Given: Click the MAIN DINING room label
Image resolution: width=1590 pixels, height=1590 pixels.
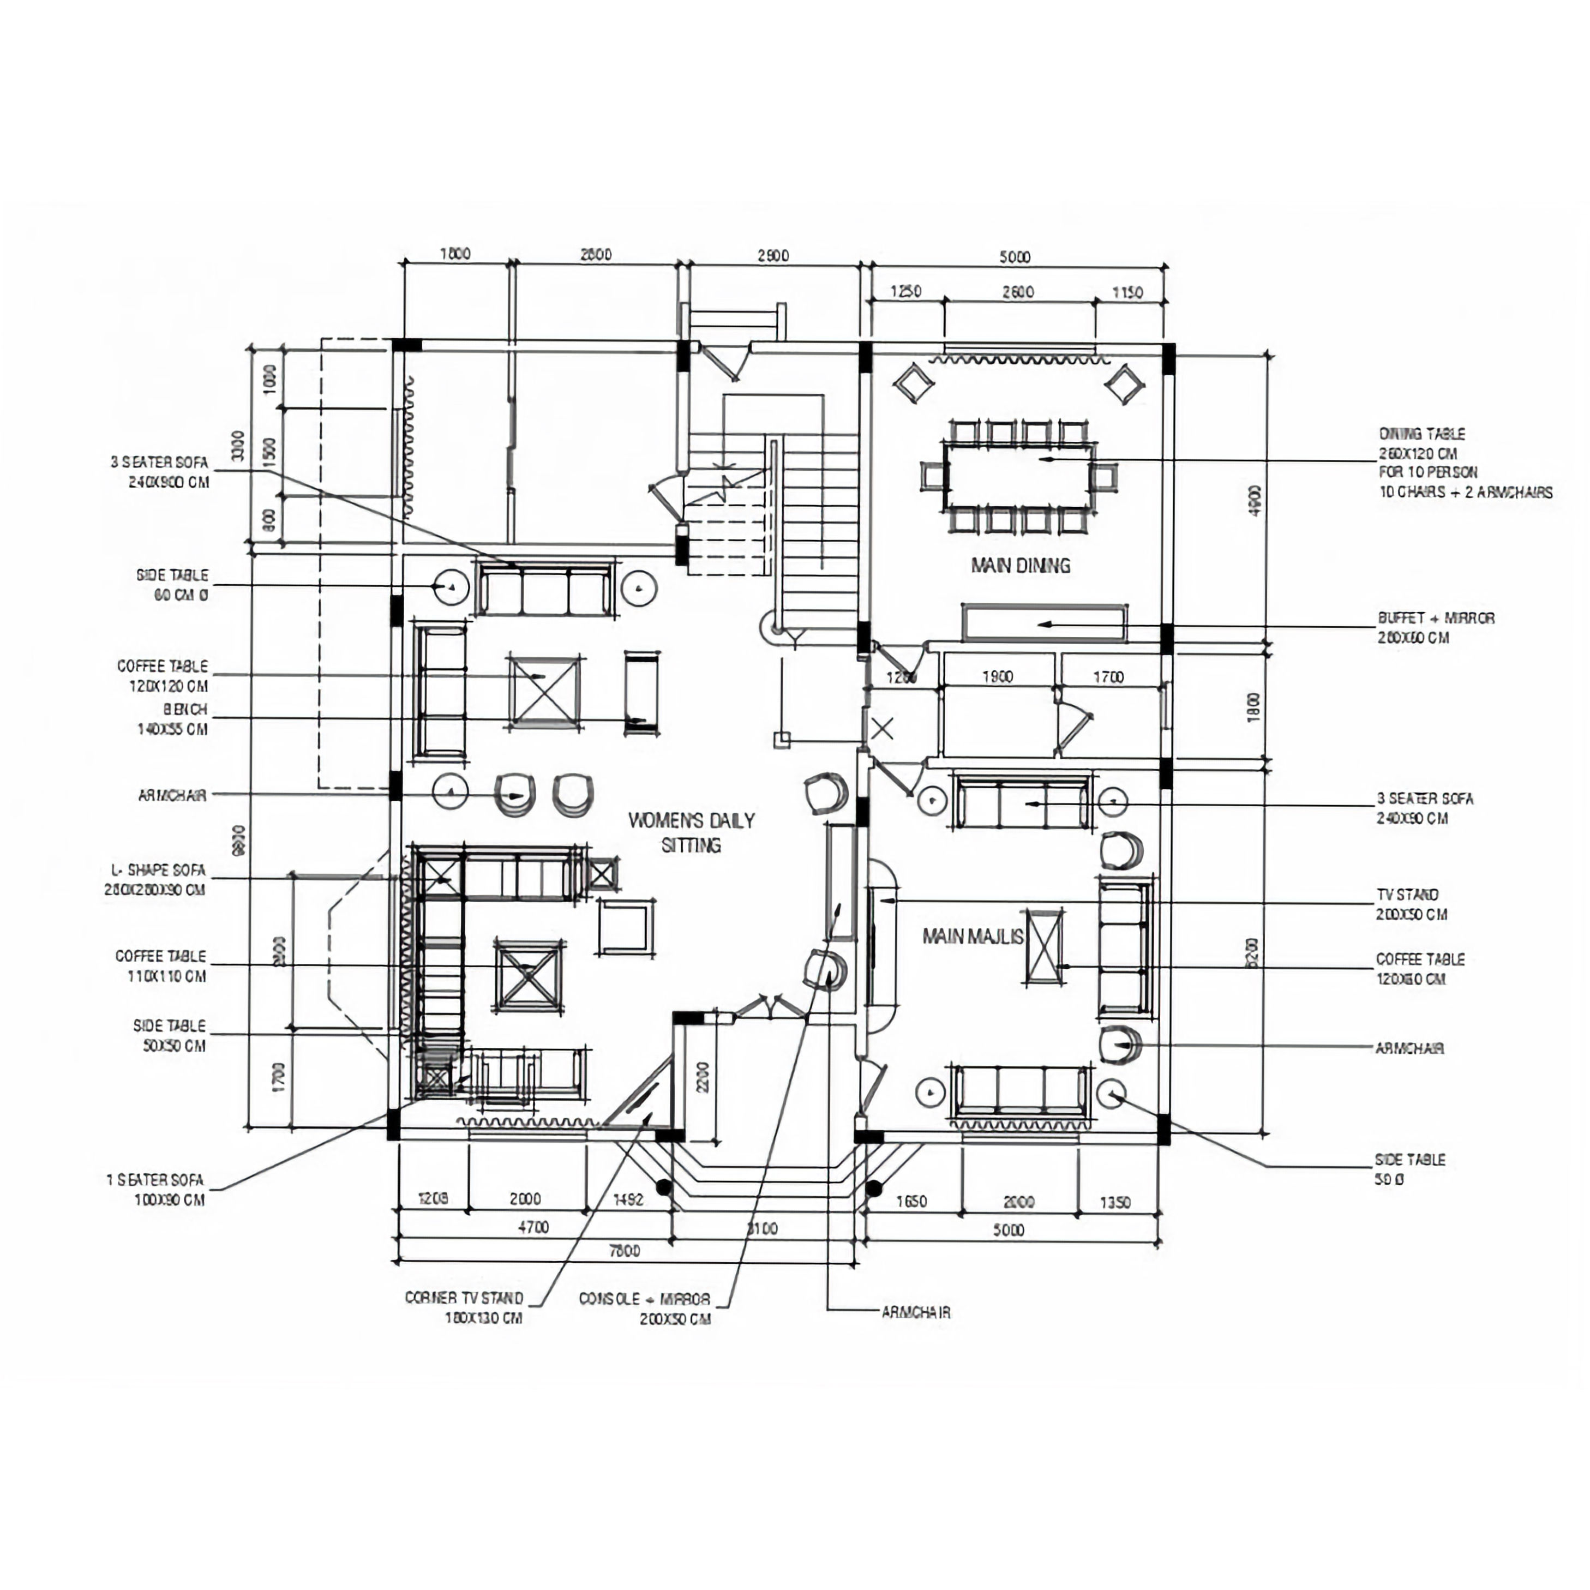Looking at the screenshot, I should pyautogui.click(x=1021, y=566).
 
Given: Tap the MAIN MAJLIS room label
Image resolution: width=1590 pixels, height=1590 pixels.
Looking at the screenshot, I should pyautogui.click(x=973, y=937).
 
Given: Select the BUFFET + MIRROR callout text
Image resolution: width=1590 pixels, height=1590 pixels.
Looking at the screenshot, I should pyautogui.click(x=1436, y=628).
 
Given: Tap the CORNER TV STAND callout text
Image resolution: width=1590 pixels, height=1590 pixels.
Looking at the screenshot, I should pyautogui.click(x=465, y=1307).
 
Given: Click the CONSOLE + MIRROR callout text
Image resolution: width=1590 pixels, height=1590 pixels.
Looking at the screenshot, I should pyautogui.click(x=644, y=1309).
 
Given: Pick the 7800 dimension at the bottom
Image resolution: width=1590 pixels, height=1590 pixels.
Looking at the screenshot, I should pyautogui.click(x=624, y=1251).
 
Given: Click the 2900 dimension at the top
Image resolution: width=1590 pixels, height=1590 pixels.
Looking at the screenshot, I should pyautogui.click(x=773, y=255).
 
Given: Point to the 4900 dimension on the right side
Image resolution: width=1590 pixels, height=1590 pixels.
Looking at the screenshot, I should pyautogui.click(x=1254, y=500).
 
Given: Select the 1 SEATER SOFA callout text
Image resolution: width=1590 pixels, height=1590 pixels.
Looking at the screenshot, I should pyautogui.click(x=155, y=1189).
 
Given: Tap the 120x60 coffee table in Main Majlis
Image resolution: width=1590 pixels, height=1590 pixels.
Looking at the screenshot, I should pyautogui.click(x=1043, y=946).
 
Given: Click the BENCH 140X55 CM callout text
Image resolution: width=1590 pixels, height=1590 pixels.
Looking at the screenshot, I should pyautogui.click(x=173, y=718).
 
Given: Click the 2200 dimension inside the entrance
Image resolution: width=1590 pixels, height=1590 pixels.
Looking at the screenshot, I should pyautogui.click(x=702, y=1077).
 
